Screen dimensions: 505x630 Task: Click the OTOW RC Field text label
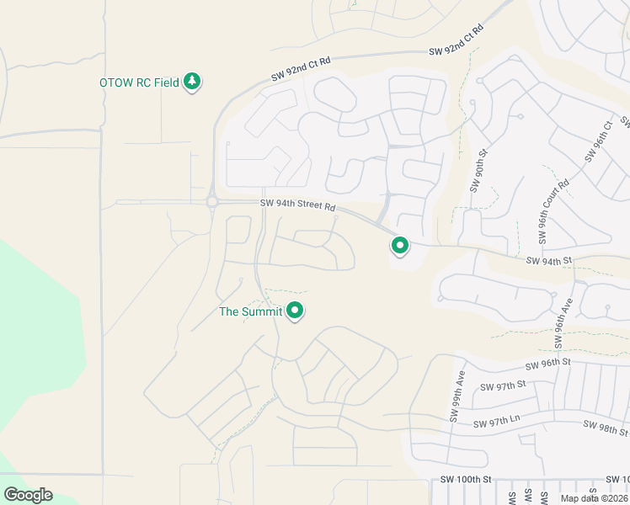coord(139,82)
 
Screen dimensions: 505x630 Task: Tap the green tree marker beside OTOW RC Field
coord(193,81)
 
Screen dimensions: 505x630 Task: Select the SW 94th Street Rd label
coord(297,205)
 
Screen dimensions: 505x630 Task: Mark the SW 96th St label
coord(547,364)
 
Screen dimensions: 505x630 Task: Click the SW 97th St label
coord(502,385)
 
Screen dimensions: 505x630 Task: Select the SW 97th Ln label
coord(497,424)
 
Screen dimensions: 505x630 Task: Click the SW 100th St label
coord(466,479)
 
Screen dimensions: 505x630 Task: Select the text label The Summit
coord(250,311)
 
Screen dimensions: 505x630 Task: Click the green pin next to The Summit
coord(295,311)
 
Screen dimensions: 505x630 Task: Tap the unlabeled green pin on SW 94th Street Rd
coord(399,246)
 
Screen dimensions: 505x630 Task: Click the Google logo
coord(29,494)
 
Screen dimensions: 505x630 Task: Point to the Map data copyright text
coord(595,498)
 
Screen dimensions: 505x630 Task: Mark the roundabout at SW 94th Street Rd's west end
coord(211,202)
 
